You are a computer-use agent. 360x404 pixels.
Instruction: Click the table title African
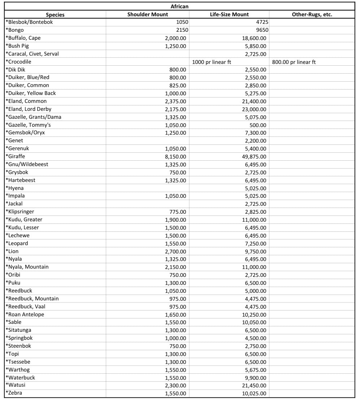point(179,6)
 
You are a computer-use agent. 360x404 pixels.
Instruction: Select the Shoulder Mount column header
point(147,14)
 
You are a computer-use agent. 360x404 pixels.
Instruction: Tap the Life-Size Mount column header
point(229,14)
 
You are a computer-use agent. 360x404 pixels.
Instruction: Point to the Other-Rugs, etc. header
point(312,14)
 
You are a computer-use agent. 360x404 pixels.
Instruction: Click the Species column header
point(55,15)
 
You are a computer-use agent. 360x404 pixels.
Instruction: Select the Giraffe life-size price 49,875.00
point(254,157)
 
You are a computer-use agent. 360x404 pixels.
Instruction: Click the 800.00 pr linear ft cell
point(294,62)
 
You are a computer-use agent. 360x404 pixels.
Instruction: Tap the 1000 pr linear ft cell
point(212,62)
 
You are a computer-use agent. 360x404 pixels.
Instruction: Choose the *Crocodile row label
point(18,62)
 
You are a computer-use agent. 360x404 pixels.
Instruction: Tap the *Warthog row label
point(17,370)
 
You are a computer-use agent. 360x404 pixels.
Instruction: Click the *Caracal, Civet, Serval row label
point(32,54)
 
